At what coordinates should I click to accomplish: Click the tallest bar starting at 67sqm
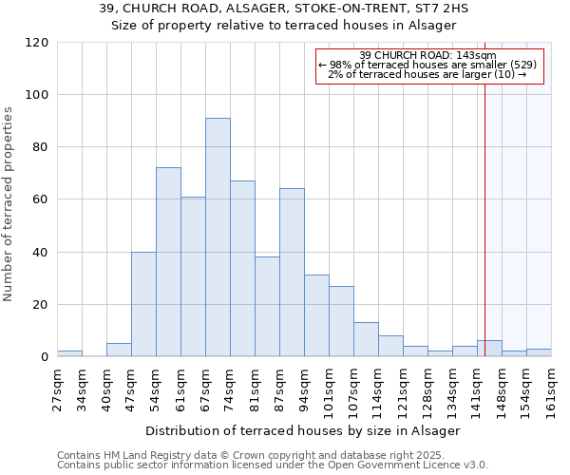pyautogui.click(x=218, y=237)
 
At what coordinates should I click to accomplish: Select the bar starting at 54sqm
pyautogui.click(x=168, y=262)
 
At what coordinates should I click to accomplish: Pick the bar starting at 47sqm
pyautogui.click(x=143, y=304)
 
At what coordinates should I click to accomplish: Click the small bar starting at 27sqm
pyautogui.click(x=69, y=353)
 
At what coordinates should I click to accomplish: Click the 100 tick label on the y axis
pyautogui.click(x=37, y=95)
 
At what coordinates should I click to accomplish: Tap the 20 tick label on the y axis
pyautogui.click(x=41, y=305)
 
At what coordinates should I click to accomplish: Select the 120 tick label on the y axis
pyautogui.click(x=37, y=43)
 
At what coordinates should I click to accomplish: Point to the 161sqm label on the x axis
pyautogui.click(x=551, y=388)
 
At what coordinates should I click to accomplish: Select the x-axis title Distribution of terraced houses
pyautogui.click(x=303, y=431)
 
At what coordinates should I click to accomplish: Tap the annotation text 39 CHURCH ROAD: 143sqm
pyautogui.click(x=428, y=55)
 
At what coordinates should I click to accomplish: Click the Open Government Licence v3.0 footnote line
pyautogui.click(x=272, y=465)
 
